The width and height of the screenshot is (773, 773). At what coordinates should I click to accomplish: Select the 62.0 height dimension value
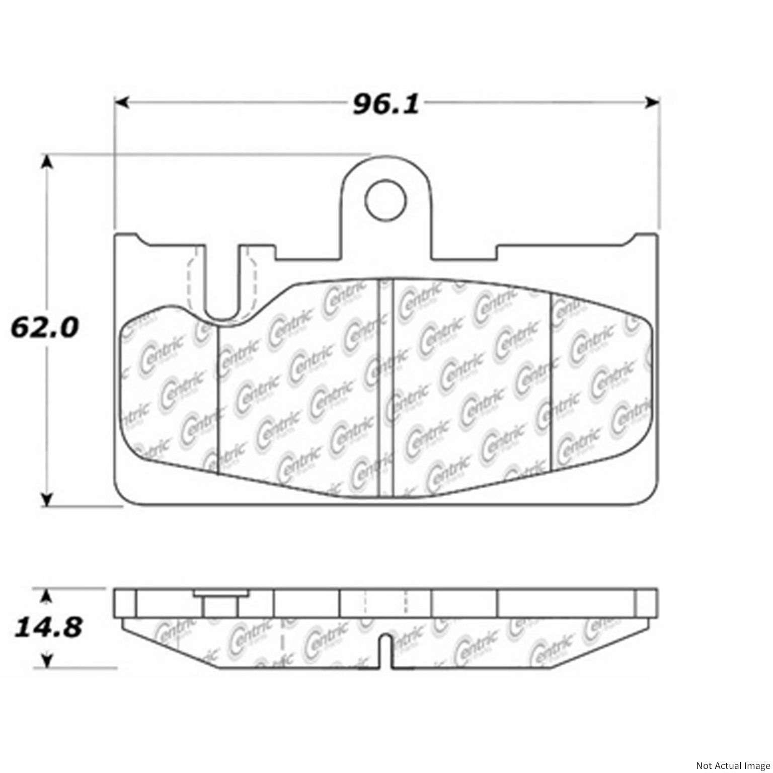pyautogui.click(x=45, y=328)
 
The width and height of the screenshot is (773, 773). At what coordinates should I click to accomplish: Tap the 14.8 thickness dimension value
pyautogui.click(x=48, y=628)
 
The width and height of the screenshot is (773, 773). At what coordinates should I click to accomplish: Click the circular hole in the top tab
pyautogui.click(x=385, y=200)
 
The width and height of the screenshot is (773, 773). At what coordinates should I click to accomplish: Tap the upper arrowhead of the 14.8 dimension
pyautogui.click(x=47, y=597)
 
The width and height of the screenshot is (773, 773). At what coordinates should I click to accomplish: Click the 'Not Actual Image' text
pyautogui.click(x=732, y=765)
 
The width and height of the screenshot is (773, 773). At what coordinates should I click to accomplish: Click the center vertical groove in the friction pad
pyautogui.click(x=385, y=388)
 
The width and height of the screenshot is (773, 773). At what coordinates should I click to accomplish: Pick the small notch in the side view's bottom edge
pyautogui.click(x=385, y=652)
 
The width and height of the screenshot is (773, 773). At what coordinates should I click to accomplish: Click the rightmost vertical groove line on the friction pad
pyautogui.click(x=552, y=382)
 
